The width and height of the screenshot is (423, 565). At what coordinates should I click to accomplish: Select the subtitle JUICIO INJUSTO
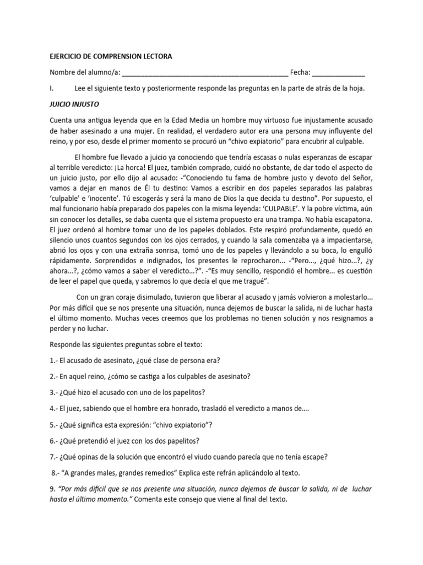(74, 104)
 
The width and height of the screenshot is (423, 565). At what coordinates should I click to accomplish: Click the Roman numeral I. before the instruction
(51, 88)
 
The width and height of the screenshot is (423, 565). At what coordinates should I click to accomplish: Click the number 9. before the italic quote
(52, 489)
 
